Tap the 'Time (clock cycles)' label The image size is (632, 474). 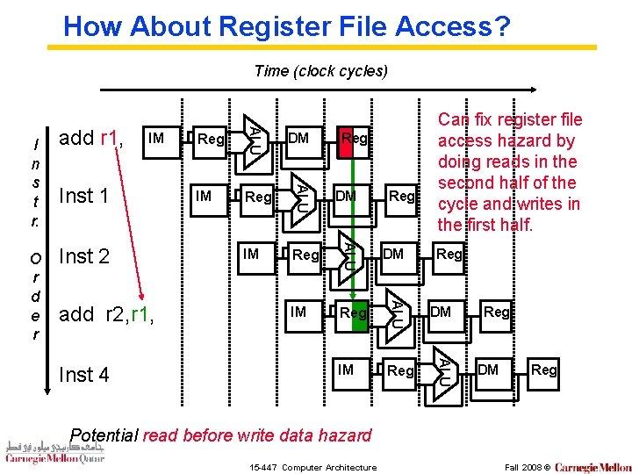(x=320, y=71)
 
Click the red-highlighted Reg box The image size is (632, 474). (x=355, y=138)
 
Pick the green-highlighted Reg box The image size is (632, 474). (x=354, y=312)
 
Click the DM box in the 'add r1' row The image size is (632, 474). (x=298, y=138)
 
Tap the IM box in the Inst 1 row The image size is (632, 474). (x=204, y=196)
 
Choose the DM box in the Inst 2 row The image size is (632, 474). (x=393, y=255)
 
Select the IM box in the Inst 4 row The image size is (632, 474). (x=346, y=370)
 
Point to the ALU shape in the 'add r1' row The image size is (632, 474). (x=254, y=137)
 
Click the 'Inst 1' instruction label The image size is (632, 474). (x=83, y=196)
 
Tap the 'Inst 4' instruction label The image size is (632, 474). (x=83, y=375)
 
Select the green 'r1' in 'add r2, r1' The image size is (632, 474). (x=140, y=314)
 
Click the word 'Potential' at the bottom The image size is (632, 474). (x=104, y=435)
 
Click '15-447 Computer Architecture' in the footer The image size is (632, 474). (x=313, y=467)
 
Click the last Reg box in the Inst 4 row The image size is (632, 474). (x=544, y=370)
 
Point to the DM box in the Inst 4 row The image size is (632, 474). (x=488, y=370)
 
